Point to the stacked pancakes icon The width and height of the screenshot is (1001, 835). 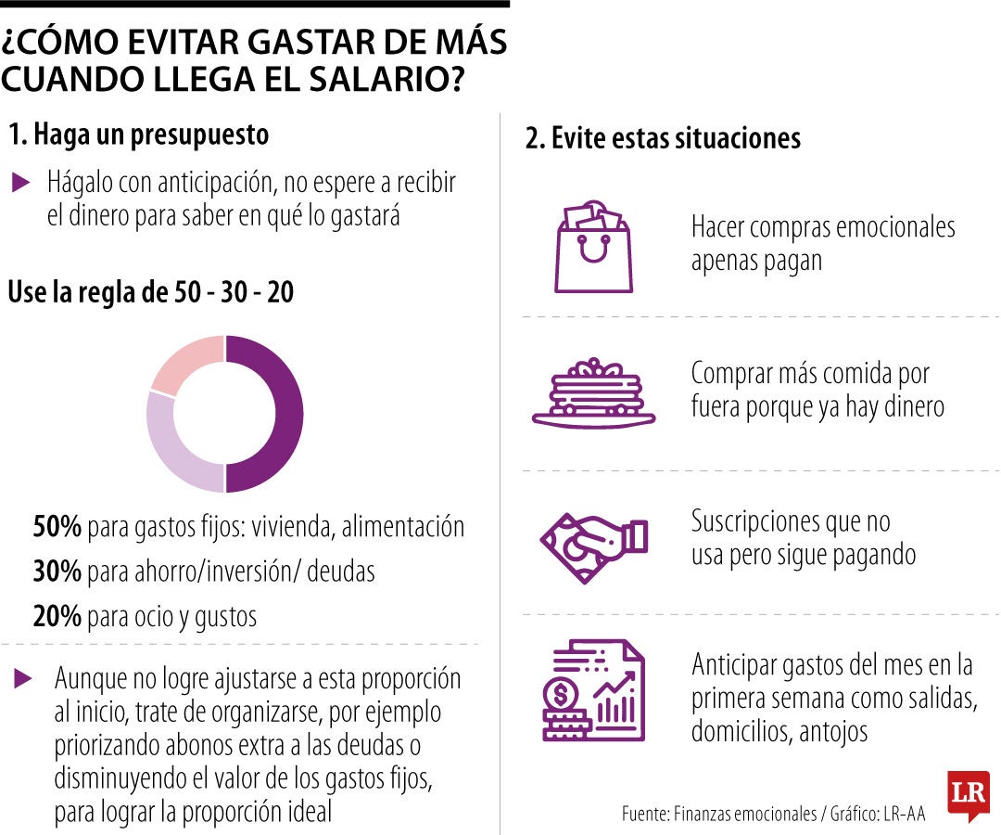[593, 394]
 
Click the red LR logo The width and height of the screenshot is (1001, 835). [968, 794]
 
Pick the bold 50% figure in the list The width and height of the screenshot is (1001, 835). [57, 528]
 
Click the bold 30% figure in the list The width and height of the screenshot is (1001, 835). [57, 572]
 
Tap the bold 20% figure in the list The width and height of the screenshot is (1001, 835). [57, 616]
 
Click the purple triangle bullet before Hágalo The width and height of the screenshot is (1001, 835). [21, 183]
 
